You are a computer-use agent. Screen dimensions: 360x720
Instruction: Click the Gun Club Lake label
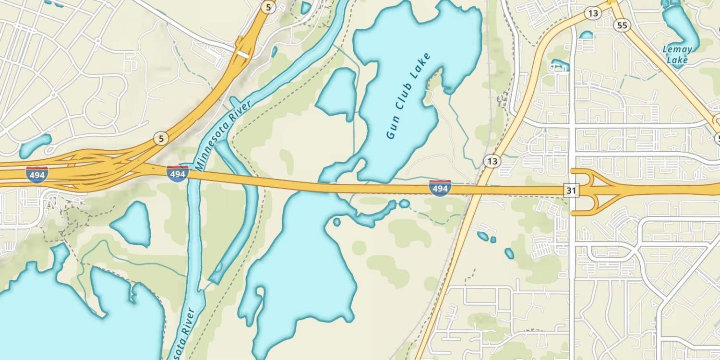[x=408, y=96]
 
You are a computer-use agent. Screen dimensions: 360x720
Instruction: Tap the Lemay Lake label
[x=677, y=54]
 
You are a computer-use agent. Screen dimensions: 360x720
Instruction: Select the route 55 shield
[x=622, y=26]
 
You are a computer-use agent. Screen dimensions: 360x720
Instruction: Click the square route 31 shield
[x=571, y=191]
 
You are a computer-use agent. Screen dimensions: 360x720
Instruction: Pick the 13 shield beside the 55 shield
[x=593, y=13]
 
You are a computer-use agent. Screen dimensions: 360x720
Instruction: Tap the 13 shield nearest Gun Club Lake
[x=492, y=161]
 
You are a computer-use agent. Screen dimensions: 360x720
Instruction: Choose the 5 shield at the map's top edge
[x=268, y=7]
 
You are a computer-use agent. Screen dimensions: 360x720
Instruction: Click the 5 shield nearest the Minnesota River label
[x=161, y=139]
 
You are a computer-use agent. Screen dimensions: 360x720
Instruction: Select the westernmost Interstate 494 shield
[x=37, y=175]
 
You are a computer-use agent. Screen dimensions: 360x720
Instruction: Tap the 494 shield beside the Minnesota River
[x=178, y=173]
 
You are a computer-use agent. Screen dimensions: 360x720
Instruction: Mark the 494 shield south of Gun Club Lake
[x=440, y=188]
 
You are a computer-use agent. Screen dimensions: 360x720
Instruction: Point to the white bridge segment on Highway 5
[x=243, y=54]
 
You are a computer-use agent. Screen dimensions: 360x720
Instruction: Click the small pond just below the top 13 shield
[x=586, y=35]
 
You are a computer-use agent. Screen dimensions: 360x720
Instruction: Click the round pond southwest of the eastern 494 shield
[x=405, y=204]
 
